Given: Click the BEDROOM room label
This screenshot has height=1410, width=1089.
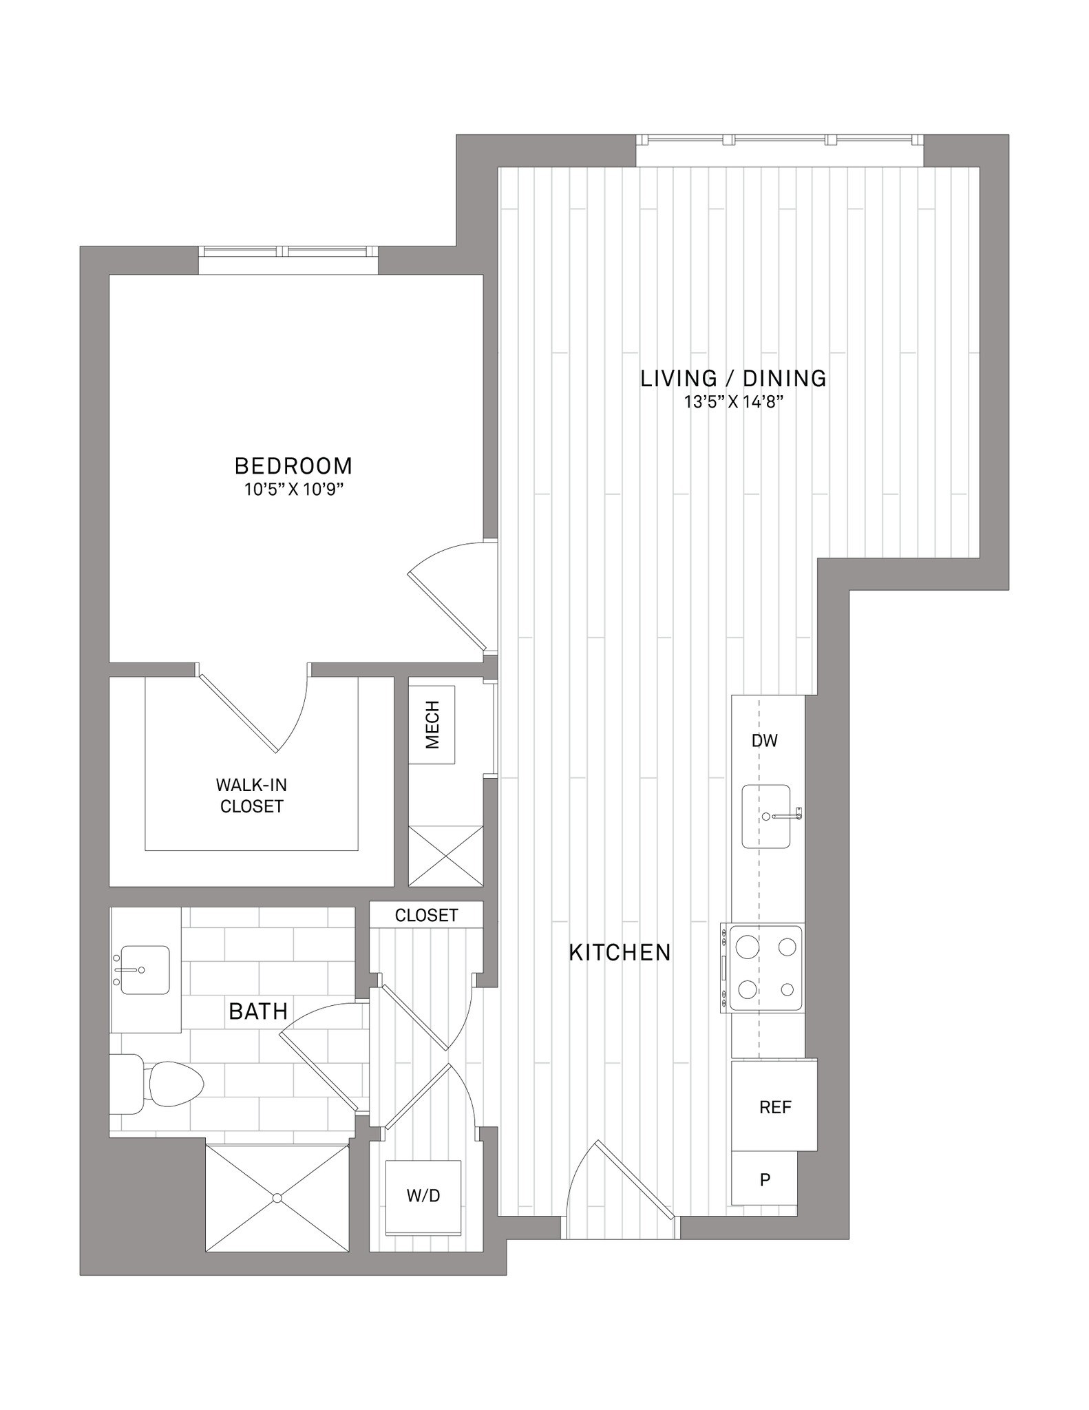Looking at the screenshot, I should click(x=293, y=466).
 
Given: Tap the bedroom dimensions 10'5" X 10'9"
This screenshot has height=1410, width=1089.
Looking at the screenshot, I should click(x=293, y=490).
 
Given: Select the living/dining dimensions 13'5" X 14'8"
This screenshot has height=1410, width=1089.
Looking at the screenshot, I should click(x=734, y=402).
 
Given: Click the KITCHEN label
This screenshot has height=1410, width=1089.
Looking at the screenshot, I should click(x=620, y=953).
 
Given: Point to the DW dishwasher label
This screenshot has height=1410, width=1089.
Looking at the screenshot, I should click(x=764, y=741).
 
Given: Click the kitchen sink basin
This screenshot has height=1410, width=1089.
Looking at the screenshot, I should click(x=765, y=817).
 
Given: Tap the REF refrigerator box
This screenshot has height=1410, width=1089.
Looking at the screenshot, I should click(x=774, y=1106).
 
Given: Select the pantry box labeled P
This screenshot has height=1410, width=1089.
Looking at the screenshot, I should click(x=764, y=1179).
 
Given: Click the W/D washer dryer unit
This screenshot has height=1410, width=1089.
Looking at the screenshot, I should click(x=423, y=1197).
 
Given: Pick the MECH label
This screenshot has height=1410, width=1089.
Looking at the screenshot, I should click(x=432, y=724).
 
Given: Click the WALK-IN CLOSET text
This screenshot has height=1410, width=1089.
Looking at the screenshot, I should click(x=251, y=795).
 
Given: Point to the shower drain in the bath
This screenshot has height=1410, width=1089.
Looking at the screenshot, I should click(x=277, y=1198).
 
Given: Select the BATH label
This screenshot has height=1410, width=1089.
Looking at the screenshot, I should click(x=258, y=1011).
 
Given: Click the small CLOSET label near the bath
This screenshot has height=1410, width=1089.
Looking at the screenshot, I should click(x=426, y=915).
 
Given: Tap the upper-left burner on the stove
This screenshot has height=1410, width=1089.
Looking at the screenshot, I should click(x=748, y=947).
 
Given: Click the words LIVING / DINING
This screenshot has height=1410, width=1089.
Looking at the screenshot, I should click(x=734, y=378).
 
